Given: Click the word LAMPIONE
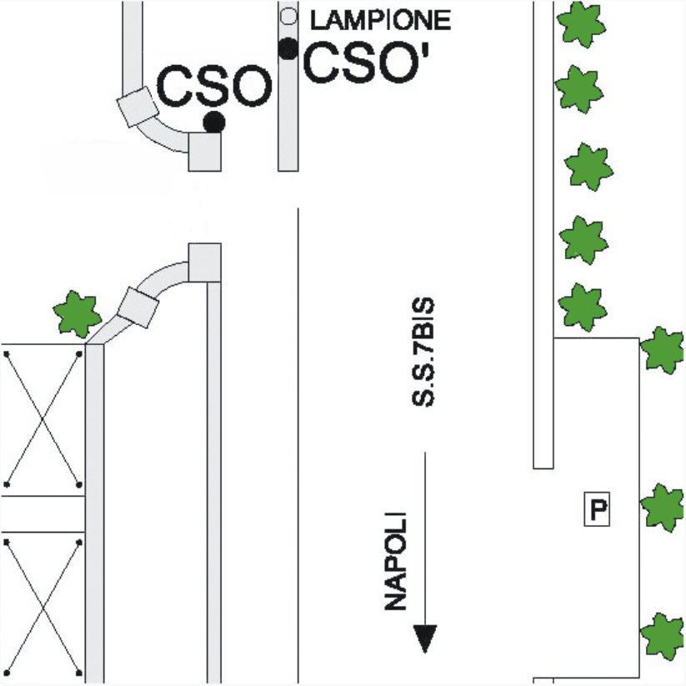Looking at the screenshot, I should click(380, 19).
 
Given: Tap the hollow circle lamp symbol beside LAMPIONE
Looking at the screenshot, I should click(288, 16).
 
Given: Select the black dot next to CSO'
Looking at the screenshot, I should click(288, 49).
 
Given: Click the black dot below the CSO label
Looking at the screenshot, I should click(214, 123).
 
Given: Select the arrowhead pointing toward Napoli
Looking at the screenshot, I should click(425, 638).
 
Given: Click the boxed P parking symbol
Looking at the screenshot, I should click(597, 508).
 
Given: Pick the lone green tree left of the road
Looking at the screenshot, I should click(77, 313).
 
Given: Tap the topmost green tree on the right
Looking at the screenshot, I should click(581, 23).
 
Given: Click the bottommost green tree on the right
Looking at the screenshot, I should click(664, 636).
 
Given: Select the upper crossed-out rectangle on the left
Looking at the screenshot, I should click(43, 418).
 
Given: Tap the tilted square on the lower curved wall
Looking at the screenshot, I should click(138, 307).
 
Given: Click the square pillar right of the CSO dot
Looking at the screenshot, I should click(204, 152).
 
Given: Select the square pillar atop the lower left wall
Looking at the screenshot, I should click(204, 263).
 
